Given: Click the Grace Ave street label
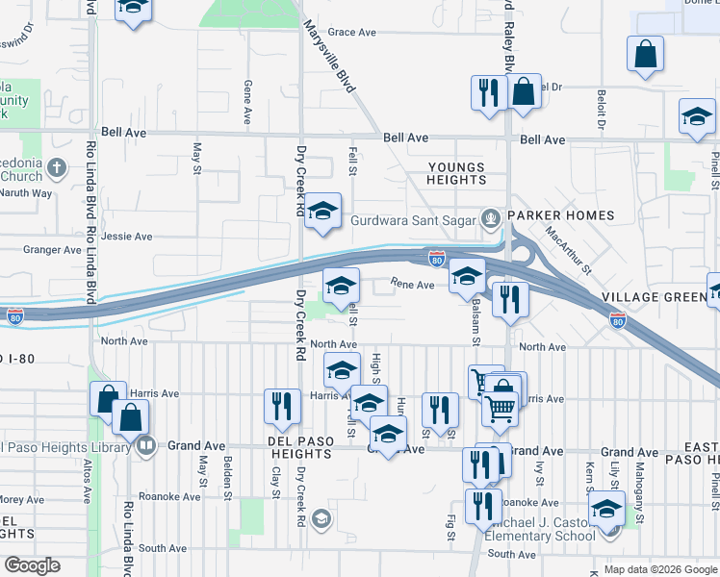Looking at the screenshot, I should pyautogui.click(x=352, y=33).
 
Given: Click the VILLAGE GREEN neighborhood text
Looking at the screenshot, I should pyautogui.click(x=655, y=297).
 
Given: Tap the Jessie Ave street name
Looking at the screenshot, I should pyautogui.click(x=126, y=236).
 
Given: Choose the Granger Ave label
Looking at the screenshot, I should pyautogui.click(x=53, y=250).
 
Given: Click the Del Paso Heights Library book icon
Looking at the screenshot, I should pyautogui.click(x=145, y=445).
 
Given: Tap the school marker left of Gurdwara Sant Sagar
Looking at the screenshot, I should pyautogui.click(x=323, y=211).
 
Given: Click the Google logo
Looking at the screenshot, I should pyautogui.click(x=32, y=565).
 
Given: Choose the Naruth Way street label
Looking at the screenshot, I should pyautogui.click(x=29, y=192).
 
